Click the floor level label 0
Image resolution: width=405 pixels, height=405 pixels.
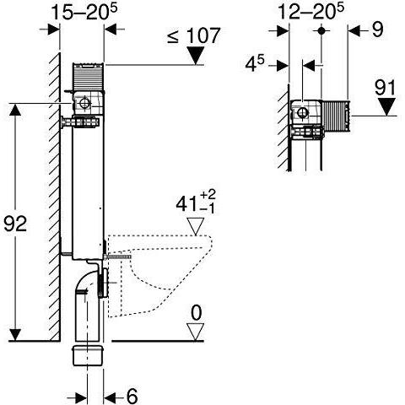pyautogui.click(x=196, y=312)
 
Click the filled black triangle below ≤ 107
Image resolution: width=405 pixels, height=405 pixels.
pyautogui.click(x=197, y=57)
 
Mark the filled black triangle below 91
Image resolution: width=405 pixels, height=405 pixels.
pyautogui.click(x=387, y=107)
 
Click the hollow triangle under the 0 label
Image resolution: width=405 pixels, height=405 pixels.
pyautogui.click(x=196, y=332)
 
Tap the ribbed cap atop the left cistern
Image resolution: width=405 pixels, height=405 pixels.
pyautogui.click(x=89, y=76)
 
